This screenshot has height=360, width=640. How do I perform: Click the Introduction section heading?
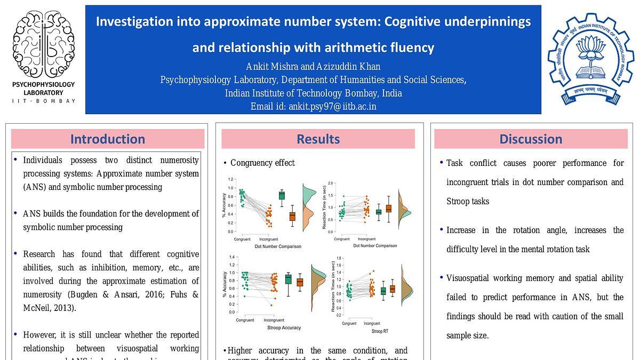pos(108,139)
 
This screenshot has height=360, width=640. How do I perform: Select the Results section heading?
pos(318,139)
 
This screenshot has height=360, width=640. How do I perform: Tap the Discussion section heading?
pos(531,139)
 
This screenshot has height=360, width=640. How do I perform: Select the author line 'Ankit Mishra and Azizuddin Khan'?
pos(313,67)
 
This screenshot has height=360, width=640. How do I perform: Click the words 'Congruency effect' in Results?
pos(262,163)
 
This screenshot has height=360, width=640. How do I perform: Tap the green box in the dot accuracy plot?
pos(282,195)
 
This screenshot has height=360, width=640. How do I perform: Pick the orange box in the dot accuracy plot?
pos(292,216)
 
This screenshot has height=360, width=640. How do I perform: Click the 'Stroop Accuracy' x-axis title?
pos(284,327)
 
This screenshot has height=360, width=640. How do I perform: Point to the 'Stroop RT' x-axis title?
pos(380,331)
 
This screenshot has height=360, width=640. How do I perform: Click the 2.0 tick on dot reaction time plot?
pos(331,183)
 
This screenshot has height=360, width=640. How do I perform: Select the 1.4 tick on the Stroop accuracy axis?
pos(232,257)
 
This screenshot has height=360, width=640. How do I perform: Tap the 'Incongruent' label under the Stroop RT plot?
pos(372,324)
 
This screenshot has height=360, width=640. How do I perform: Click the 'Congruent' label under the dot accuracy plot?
pos(243,239)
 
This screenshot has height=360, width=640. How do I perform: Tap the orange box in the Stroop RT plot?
pos(393,289)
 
